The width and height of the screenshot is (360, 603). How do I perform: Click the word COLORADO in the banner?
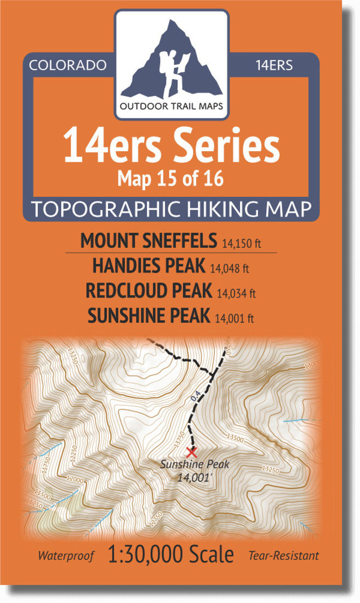point(67,65)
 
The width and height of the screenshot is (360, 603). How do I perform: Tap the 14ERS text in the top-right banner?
point(274,65)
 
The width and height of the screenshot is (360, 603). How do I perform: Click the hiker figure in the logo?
point(174,71)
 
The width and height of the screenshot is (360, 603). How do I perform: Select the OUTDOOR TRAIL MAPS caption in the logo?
point(172,106)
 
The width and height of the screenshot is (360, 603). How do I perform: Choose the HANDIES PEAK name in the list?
point(149,266)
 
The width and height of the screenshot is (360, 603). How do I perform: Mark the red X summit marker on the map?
point(191,452)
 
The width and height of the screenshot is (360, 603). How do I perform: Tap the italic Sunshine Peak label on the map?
point(194,465)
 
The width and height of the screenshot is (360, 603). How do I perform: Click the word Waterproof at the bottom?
point(66,556)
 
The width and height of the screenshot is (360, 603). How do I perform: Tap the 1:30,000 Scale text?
point(171,555)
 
